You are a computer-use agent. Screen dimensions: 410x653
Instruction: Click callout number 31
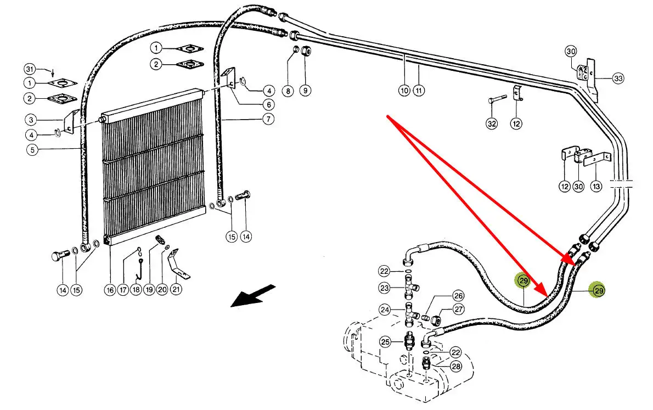tap(30, 69)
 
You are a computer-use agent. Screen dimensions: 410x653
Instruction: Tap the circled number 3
tap(32, 119)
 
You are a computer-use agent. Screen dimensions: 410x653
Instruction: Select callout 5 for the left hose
tap(32, 149)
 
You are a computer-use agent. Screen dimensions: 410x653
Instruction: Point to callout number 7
tap(268, 119)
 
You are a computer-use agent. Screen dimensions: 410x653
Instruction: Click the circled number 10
tap(404, 90)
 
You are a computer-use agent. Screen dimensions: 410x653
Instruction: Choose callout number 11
tap(419, 90)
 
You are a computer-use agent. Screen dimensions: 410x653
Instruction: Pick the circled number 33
tap(618, 79)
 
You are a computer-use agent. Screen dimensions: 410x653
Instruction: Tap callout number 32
tap(492, 124)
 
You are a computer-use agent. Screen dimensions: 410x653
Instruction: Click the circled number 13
tap(596, 187)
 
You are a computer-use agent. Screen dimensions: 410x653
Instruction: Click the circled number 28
tap(455, 366)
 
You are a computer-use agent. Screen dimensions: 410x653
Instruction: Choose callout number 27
tap(458, 311)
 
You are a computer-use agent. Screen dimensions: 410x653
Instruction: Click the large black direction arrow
tap(252, 296)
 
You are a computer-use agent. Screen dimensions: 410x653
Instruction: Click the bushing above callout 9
tap(306, 54)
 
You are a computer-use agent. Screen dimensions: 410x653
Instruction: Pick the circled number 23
tap(385, 288)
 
